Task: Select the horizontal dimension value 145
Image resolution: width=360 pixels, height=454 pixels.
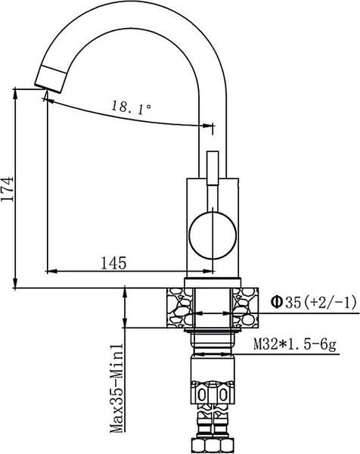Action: coord(113,262)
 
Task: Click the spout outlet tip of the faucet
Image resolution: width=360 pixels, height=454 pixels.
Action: coord(47,76)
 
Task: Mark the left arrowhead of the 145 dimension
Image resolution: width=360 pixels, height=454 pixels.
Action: coord(51,271)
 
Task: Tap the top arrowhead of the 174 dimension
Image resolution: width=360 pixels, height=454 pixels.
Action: coord(16,93)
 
